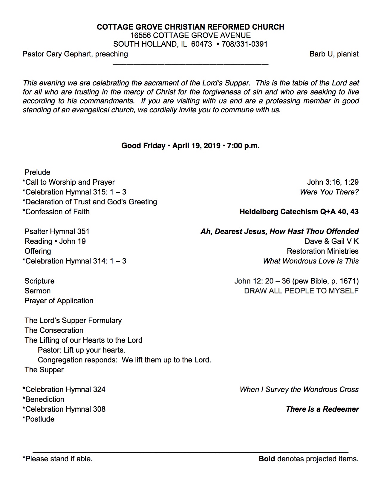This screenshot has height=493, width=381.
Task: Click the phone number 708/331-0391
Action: click(244, 44)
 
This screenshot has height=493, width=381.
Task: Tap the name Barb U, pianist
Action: click(334, 54)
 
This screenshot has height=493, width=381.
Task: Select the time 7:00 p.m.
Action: click(243, 146)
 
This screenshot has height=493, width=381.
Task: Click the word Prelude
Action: click(37, 172)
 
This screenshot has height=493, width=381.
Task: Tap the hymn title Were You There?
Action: click(329, 192)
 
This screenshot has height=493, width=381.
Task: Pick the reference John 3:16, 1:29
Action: click(333, 182)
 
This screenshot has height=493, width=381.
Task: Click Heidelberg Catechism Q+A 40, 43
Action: click(299, 212)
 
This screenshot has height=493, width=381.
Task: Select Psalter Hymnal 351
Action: click(57, 232)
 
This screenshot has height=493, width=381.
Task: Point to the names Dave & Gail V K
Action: click(331, 241)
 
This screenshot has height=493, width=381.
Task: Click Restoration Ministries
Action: click(322, 251)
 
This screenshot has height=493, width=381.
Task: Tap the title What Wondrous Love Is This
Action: click(310, 261)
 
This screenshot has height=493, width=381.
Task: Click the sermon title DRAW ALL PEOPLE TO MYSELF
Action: click(301, 291)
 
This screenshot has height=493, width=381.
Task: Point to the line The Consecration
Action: click(54, 330)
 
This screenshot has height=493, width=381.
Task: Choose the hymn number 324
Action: click(99, 390)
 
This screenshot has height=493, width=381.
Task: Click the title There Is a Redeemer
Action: click(322, 409)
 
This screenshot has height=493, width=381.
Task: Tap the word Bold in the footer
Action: click(267, 459)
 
